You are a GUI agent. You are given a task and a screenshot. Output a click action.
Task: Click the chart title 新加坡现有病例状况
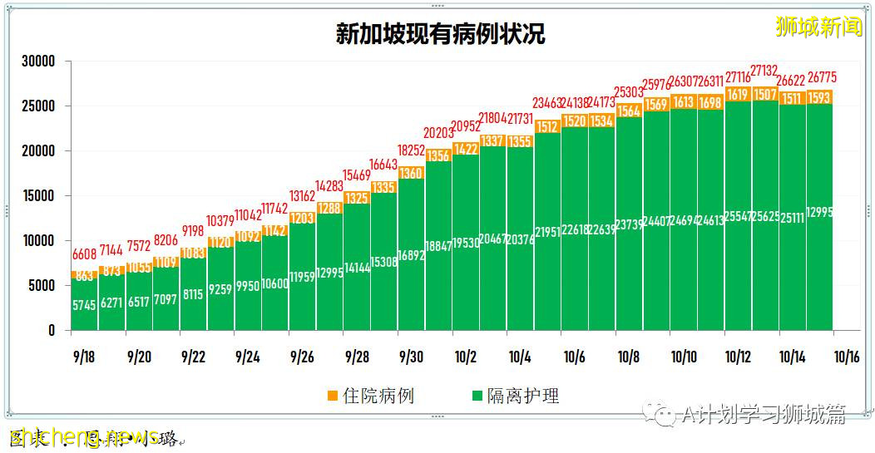pyautogui.click(x=440, y=34)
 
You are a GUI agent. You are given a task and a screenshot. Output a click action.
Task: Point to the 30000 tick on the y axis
pyautogui.click(x=38, y=62)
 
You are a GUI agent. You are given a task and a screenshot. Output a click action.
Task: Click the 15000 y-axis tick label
pyautogui.click(x=38, y=196)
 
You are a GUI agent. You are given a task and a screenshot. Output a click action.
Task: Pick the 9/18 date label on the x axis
pyautogui.click(x=84, y=357)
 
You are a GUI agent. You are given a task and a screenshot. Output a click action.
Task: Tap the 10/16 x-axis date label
pyautogui.click(x=846, y=357)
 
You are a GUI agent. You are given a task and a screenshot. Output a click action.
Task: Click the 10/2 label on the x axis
pyautogui.click(x=465, y=357)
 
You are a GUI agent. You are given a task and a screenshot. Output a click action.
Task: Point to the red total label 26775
pyautogui.click(x=820, y=78)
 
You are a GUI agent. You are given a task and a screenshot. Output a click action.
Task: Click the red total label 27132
pyautogui.click(x=766, y=70)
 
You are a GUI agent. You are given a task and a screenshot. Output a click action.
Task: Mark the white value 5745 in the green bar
pyautogui.click(x=84, y=305)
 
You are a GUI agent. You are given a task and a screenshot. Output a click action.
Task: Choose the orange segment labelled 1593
pyautogui.click(x=820, y=96)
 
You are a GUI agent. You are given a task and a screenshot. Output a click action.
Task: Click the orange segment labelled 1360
pyautogui.click(x=411, y=173)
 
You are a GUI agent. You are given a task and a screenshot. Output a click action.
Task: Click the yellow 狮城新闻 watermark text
pyautogui.click(x=818, y=27)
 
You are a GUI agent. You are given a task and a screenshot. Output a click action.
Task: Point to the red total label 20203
pyautogui.click(x=438, y=133)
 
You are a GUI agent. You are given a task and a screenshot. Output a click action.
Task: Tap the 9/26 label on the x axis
pyautogui.click(x=302, y=357)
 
